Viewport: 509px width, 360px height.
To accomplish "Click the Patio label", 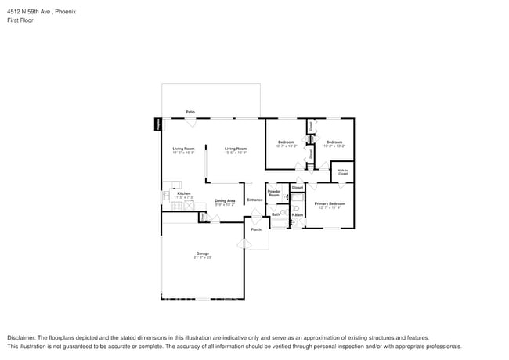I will (190, 113).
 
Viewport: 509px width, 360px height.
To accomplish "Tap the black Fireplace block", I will (157, 124).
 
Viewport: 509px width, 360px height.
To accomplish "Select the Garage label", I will (202, 254).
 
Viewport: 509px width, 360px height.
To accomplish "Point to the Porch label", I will (256, 230).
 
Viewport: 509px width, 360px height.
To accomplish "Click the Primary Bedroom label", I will (330, 203).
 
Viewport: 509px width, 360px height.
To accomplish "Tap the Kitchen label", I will (183, 193).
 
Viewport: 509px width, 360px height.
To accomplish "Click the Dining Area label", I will (225, 200).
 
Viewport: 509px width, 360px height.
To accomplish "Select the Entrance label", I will (255, 200).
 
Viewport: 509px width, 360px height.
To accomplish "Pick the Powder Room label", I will (274, 193).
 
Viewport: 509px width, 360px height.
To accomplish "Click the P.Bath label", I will (298, 215).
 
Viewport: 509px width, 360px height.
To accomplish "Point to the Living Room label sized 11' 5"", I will (183, 149).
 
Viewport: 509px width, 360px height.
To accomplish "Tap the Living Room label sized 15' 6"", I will (236, 149).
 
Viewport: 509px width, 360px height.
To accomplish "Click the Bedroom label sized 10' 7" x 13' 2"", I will (285, 142).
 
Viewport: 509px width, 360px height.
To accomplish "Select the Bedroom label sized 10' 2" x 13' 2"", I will (334, 142).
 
